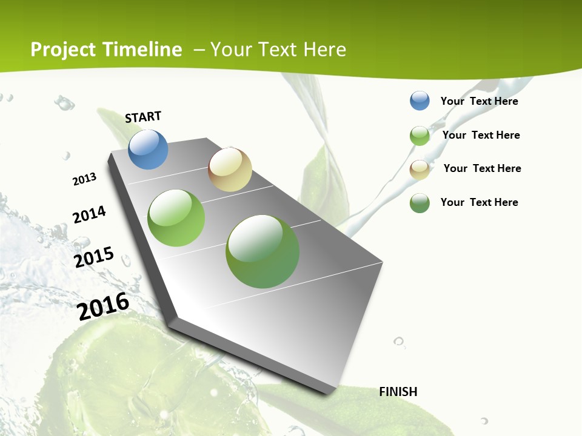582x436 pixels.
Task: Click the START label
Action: [x=143, y=117]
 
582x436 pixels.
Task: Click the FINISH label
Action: [x=398, y=392]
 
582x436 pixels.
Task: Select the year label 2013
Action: [x=85, y=179]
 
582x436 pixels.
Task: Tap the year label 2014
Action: [x=90, y=214]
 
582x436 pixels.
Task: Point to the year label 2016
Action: [x=104, y=306]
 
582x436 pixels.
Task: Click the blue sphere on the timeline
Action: [x=149, y=149]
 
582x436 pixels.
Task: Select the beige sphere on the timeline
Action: [x=230, y=170]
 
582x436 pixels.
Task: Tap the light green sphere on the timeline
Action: [x=176, y=218]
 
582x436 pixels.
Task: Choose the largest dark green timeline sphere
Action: [x=263, y=251]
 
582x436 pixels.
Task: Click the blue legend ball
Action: [x=420, y=101]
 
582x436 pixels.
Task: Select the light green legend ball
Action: [x=420, y=136]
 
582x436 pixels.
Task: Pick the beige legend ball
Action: [x=420, y=170]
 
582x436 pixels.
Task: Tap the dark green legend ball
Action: [x=420, y=203]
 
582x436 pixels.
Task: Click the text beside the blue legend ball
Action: [x=479, y=101]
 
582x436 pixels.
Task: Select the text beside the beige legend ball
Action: [x=482, y=168]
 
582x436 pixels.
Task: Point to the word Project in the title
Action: [x=63, y=50]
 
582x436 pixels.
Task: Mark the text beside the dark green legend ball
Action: [x=479, y=202]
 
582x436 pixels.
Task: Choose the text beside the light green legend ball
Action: [x=481, y=135]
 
